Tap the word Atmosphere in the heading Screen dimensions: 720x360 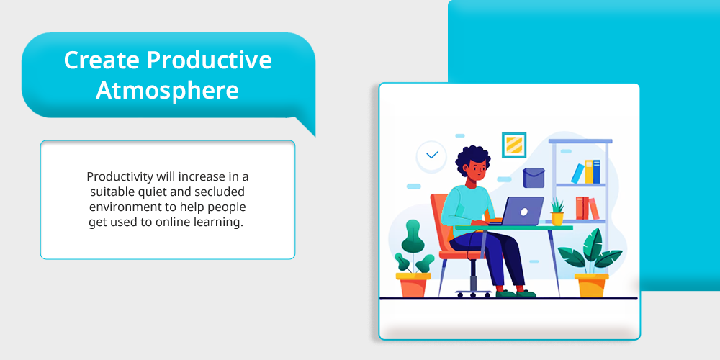(x=167, y=91)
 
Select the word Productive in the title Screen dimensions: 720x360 (x=210, y=60)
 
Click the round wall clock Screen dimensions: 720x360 (x=431, y=156)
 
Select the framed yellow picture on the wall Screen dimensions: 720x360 (x=514, y=145)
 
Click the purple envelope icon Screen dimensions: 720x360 (x=534, y=178)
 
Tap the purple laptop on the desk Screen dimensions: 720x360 (x=521, y=211)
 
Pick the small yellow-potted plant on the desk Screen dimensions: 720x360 (x=557, y=212)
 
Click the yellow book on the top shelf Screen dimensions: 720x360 (x=589, y=172)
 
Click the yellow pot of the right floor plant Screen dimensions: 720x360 (x=591, y=285)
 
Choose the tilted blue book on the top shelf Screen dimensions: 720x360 (x=577, y=173)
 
